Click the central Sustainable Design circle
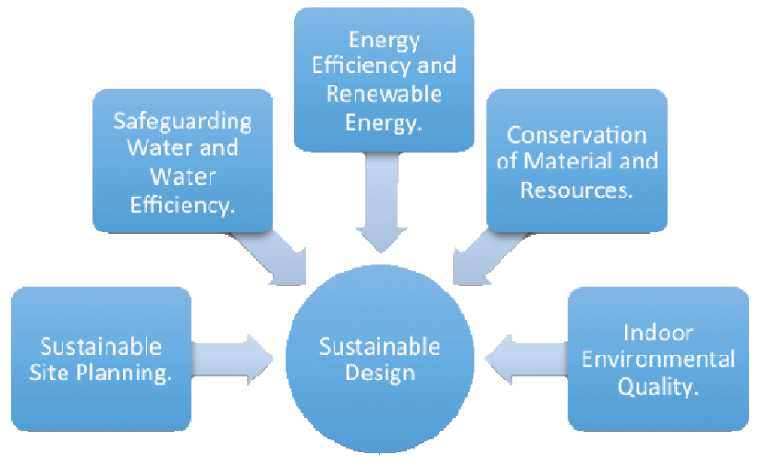(x=379, y=360)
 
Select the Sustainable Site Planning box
(x=101, y=359)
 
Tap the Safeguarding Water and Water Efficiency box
(x=182, y=161)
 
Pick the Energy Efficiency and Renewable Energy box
(x=384, y=79)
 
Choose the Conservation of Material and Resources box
(x=577, y=160)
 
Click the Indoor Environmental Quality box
(x=657, y=359)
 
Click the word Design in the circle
(x=379, y=373)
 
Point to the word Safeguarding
(x=182, y=121)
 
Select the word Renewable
(x=384, y=92)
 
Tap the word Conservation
(x=577, y=135)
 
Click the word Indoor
(x=657, y=332)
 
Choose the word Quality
(x=657, y=387)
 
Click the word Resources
(x=577, y=190)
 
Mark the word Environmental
(x=657, y=359)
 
